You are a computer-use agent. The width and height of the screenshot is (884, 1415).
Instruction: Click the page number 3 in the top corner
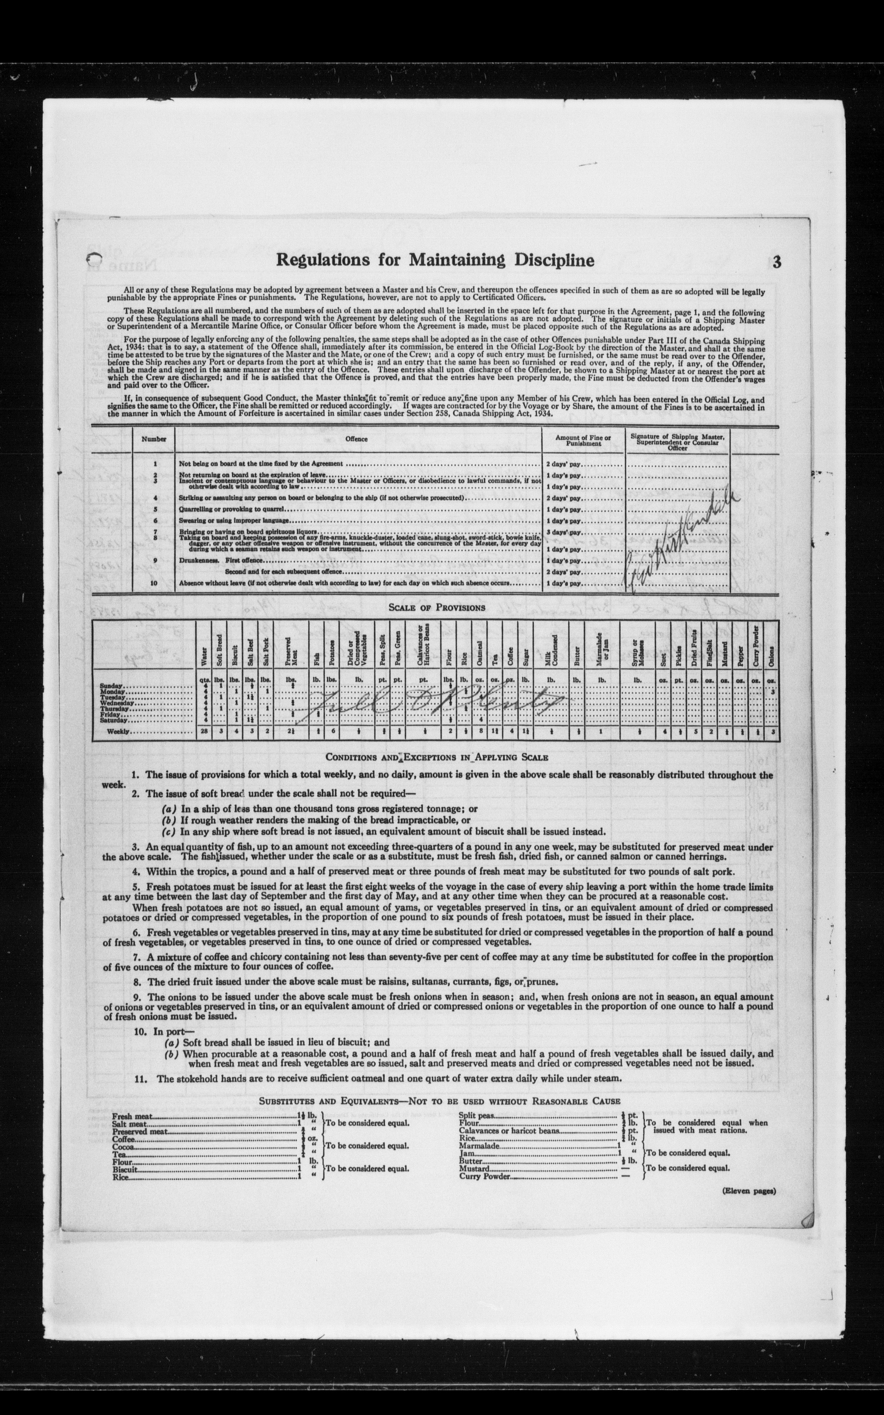pos(776,262)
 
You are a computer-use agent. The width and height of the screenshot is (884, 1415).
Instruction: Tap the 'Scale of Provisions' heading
pos(437,608)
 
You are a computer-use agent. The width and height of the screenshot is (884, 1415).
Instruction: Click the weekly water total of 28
pos(203,732)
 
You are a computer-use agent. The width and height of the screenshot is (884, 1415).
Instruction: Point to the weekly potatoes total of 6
pos(332,732)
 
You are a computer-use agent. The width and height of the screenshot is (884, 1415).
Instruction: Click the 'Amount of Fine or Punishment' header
pos(583,440)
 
